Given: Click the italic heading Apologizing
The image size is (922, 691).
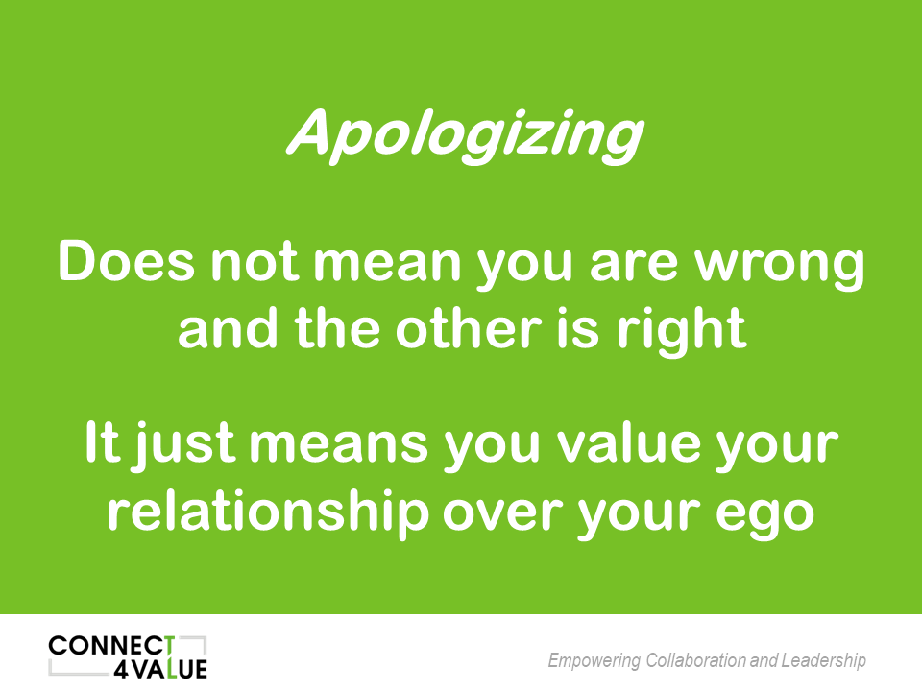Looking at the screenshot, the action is [466, 135].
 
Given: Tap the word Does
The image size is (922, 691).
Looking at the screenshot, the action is [127, 261].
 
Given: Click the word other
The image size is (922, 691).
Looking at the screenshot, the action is [469, 328].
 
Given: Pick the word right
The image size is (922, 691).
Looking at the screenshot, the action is [682, 332].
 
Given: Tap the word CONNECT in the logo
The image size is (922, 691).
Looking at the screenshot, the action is [111, 647].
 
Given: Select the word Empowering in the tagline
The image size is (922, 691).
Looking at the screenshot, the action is [594, 661].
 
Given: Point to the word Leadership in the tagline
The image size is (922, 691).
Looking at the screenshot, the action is [824, 661].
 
